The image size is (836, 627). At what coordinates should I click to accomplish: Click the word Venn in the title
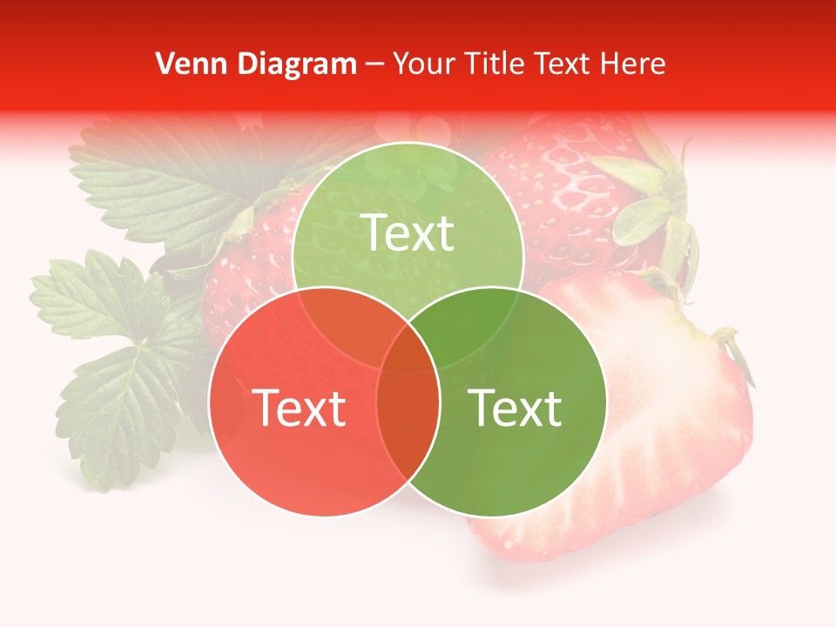point(185,64)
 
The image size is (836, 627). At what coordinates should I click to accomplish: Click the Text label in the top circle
point(408,233)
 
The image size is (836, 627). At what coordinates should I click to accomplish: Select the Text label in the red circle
point(299,408)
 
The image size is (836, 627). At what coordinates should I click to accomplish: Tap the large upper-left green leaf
point(165,183)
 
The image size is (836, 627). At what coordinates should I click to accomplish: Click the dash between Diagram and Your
point(374,64)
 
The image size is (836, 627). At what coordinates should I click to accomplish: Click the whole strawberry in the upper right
point(566,200)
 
